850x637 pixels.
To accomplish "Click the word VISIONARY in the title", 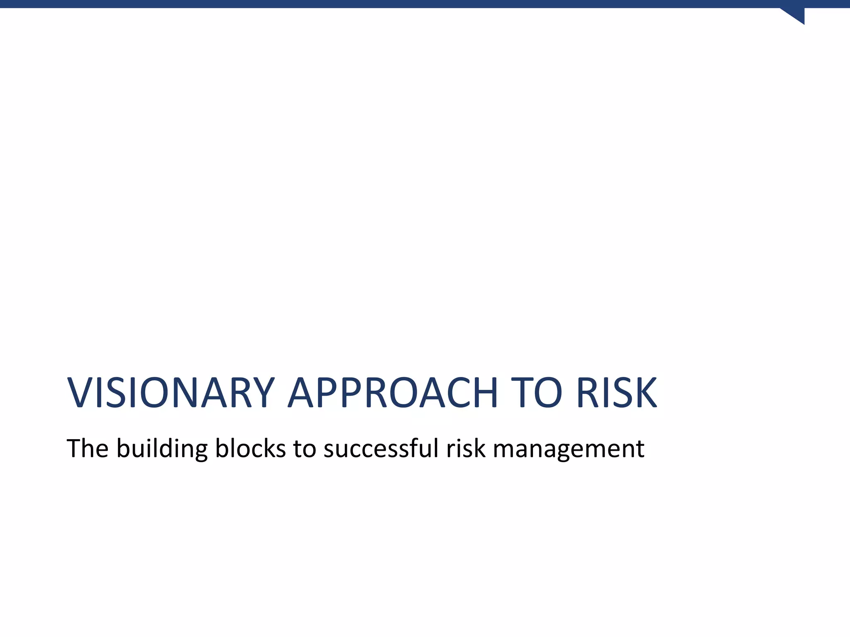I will click(x=171, y=393).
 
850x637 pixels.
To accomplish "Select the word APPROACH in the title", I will click(x=393, y=393).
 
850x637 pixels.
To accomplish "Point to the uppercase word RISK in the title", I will click(x=616, y=393).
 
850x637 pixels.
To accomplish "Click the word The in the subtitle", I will click(x=87, y=449).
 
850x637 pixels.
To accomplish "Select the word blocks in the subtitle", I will click(x=250, y=449).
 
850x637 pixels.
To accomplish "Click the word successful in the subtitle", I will click(x=381, y=449).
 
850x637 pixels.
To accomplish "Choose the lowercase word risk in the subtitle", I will click(x=465, y=449).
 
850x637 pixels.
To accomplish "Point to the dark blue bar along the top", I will click(x=415, y=4).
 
